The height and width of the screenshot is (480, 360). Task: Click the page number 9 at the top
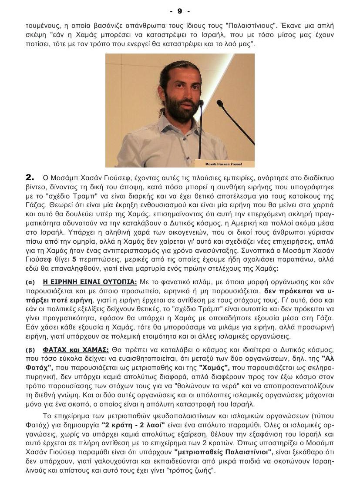coord(180,10)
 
